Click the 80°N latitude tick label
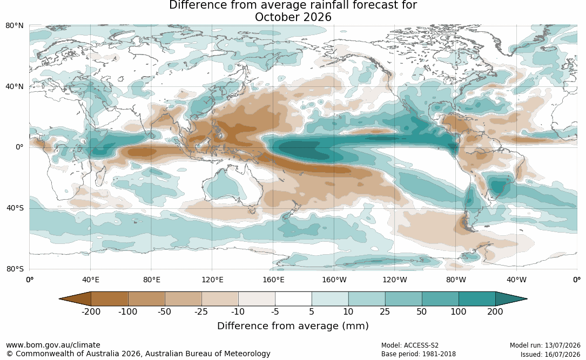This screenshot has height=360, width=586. coord(14,25)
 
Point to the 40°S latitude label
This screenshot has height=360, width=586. coord(15,208)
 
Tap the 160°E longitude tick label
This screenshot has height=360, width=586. coord(273,280)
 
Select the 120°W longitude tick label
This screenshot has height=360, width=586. coord(395,280)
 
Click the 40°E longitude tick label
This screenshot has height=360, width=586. coord(91,280)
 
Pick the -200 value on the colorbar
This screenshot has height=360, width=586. coord(91,311)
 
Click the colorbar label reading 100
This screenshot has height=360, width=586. coord(459,311)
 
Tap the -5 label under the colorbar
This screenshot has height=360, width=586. coord(275,311)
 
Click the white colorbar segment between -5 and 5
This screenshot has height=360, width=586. coord(293,299)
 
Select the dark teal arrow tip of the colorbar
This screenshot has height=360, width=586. coord(510,299)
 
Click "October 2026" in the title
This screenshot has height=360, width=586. coord(293,17)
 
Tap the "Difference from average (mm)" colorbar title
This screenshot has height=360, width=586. coord(293,326)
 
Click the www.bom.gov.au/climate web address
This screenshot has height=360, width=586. coord(53,345)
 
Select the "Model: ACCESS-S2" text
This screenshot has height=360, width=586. coord(409,345)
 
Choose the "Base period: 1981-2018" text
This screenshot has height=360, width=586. coord(418,354)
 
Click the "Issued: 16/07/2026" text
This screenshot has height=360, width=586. coord(550,355)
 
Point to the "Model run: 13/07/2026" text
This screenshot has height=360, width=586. coord(545,345)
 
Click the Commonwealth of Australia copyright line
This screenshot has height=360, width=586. coord(138,354)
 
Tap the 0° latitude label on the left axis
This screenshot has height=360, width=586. coord(19,147)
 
